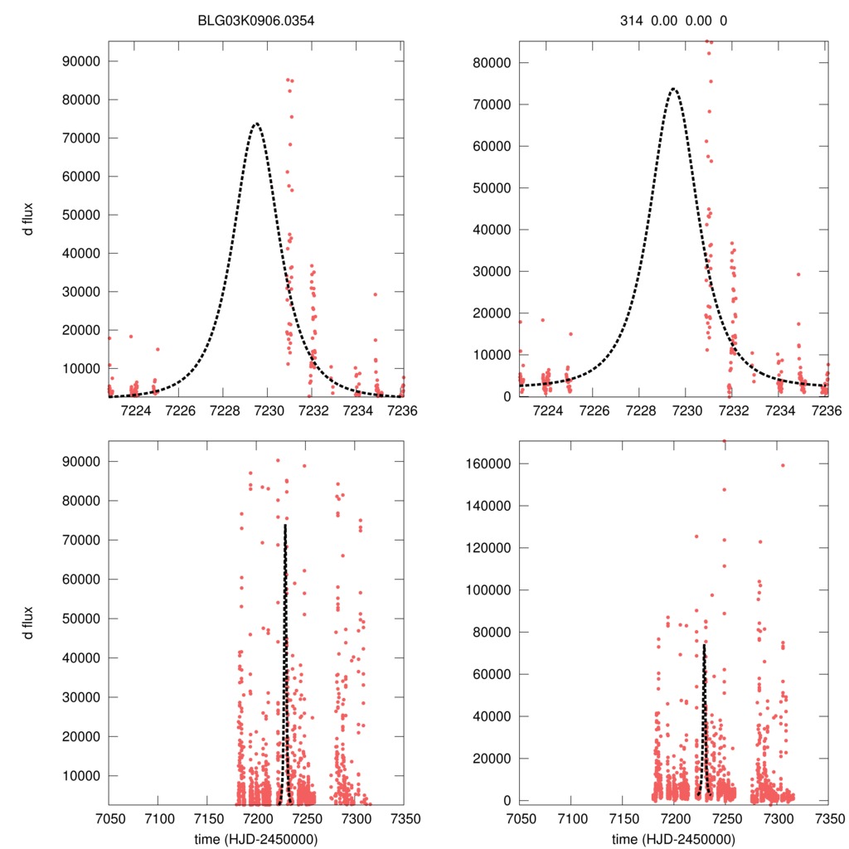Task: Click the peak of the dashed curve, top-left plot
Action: point(256,124)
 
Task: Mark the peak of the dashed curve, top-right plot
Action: point(673,88)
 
